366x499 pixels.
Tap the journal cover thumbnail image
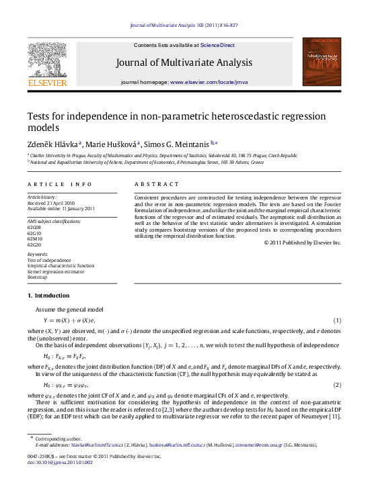[322, 61]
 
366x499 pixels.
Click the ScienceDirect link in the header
[218, 45]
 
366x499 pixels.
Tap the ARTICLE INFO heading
[50, 183]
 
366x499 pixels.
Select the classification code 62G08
[34, 228]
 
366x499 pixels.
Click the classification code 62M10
[34, 238]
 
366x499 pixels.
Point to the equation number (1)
[338, 320]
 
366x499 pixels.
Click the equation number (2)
[338, 385]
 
